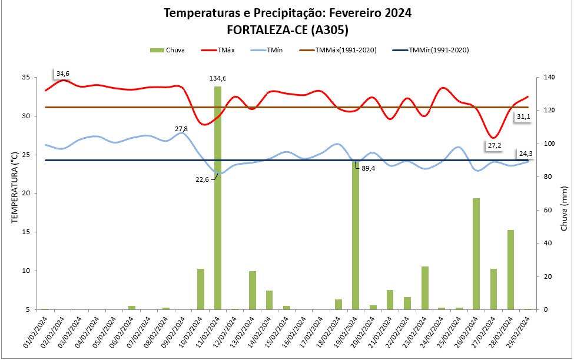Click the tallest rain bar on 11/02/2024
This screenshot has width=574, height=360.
pos(218,197)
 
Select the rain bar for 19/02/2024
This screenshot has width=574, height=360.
pos(356,235)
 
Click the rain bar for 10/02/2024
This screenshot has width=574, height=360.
pos(201,288)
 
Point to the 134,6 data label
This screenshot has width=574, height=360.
pos(218,78)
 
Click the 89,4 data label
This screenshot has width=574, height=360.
pos(368,168)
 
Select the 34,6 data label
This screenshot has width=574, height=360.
pos(62,74)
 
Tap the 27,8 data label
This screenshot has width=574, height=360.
pos(181,128)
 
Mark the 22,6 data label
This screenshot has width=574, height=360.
pos(202,179)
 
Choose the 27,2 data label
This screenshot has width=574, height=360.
pos(494,145)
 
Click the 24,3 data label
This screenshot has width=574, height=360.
pos(526,154)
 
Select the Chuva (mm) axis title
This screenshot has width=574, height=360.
pos(563,208)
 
